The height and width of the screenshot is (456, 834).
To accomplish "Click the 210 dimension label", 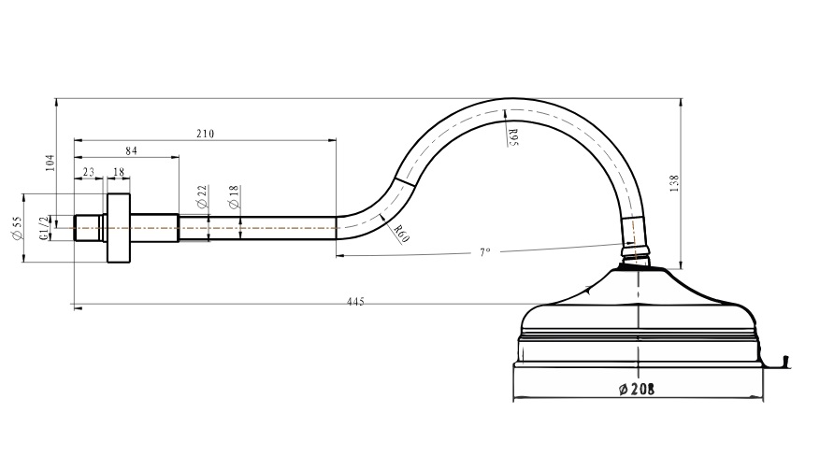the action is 206,134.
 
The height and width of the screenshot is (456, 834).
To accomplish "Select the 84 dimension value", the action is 132,151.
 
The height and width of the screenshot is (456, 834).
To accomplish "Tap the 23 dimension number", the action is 88,172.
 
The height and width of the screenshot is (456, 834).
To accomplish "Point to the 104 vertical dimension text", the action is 50,162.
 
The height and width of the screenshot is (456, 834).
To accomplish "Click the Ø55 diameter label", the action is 18,227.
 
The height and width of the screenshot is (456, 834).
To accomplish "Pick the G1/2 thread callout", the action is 44,228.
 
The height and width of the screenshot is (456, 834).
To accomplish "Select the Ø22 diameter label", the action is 202,196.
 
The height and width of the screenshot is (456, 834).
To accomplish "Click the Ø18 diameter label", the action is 234,196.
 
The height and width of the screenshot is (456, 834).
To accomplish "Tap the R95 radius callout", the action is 513,136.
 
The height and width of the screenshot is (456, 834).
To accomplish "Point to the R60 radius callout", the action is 402,233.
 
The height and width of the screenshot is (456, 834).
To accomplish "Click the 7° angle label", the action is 484,252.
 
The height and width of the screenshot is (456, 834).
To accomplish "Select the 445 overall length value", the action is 355,302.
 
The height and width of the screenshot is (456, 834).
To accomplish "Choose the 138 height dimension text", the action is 674,183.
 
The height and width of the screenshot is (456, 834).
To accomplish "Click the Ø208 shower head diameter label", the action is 638,389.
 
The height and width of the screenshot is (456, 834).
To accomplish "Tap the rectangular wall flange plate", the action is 119,228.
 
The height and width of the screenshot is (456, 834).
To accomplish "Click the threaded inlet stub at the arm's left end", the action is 87,228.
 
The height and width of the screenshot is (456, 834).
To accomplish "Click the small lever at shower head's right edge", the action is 783,362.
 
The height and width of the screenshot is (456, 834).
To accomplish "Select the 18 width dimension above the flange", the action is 119,172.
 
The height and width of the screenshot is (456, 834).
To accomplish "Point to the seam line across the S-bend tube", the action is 404,181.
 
